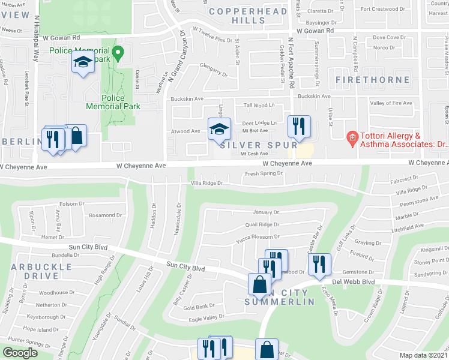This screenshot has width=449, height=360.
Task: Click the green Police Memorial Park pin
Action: coord(118,53)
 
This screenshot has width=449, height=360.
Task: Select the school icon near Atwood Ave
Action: coord(219,128)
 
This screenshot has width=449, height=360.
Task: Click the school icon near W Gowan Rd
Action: coord(83,62)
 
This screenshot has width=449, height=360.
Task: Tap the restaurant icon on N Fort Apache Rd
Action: coord(298,127)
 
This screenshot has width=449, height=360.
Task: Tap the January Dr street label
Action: coord(267,212)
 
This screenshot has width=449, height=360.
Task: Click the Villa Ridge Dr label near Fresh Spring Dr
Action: coord(206,183)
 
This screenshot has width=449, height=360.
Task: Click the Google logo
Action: coord(20,353)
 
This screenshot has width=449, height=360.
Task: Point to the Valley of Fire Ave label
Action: coord(391,103)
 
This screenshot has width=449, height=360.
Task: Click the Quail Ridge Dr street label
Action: coord(262,224)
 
